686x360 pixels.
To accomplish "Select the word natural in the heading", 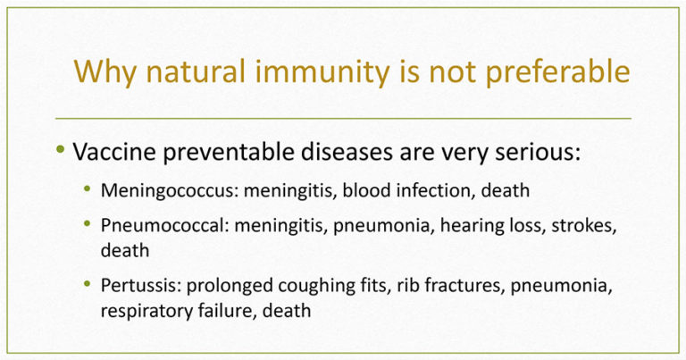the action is click(196, 71).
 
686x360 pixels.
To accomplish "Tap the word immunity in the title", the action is click(322, 72).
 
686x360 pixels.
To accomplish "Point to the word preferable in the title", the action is click(557, 72).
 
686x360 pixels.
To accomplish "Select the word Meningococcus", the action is click(170, 191).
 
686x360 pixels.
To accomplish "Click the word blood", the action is click(364, 190).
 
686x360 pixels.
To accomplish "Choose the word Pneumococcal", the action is click(165, 226).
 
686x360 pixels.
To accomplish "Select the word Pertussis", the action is click(141, 286).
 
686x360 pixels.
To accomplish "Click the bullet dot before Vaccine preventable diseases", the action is click(61, 150).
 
